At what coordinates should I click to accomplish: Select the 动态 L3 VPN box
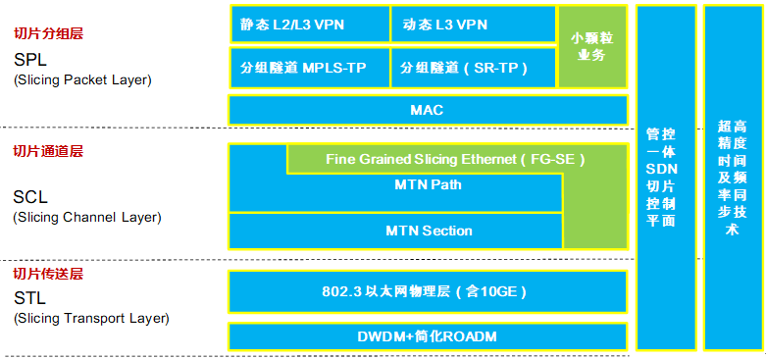tap(473, 25)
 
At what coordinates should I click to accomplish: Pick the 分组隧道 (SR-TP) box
tap(473, 68)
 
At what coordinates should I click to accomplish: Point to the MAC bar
tap(428, 110)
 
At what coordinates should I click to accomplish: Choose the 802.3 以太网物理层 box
tap(428, 291)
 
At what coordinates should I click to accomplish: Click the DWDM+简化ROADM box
tap(428, 336)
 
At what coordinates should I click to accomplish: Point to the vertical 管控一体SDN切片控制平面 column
tap(667, 177)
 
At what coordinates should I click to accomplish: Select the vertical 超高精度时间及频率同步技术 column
tap(733, 177)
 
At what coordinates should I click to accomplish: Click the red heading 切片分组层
tap(48, 33)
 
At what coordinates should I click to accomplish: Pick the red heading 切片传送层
tap(48, 273)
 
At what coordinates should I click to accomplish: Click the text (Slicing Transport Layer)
tap(91, 319)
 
